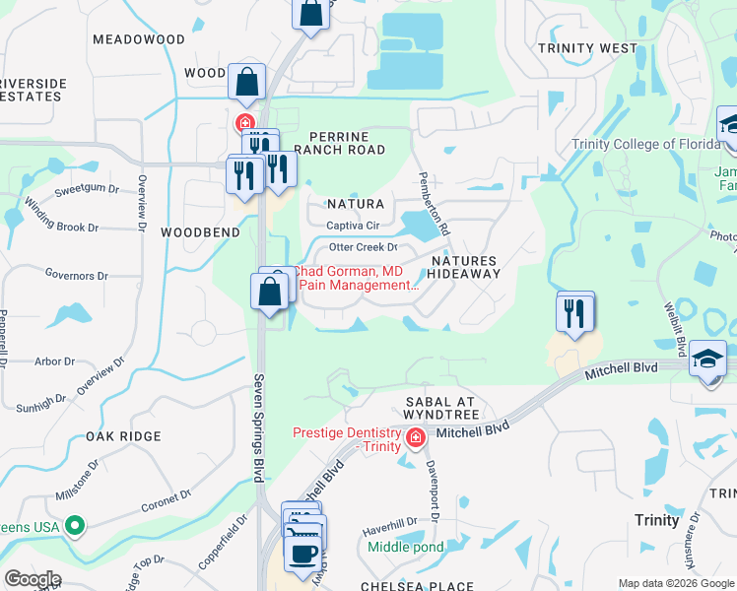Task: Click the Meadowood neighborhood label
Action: pyautogui.click(x=138, y=39)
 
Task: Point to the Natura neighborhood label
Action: pyautogui.click(x=356, y=204)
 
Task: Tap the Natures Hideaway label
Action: pyautogui.click(x=465, y=267)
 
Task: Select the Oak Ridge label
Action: pyautogui.click(x=123, y=436)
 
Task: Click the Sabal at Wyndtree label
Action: pyautogui.click(x=440, y=410)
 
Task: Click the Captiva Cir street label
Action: pyautogui.click(x=353, y=227)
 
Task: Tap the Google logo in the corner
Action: pyautogui.click(x=33, y=579)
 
